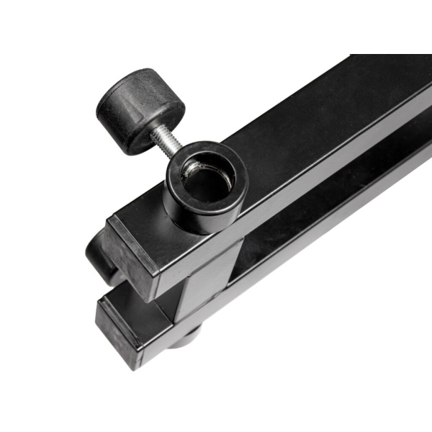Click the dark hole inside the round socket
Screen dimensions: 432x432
pos(205,184)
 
